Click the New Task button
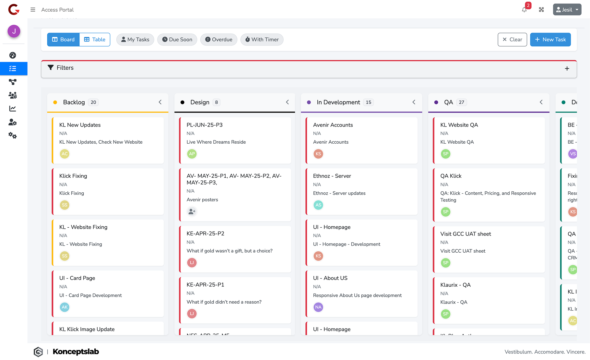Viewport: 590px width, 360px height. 550,40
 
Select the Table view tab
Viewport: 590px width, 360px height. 95,40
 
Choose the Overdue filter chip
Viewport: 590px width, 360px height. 219,40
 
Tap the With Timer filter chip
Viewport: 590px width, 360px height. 262,40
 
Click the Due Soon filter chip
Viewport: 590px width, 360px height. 177,40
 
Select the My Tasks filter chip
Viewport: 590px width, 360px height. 135,40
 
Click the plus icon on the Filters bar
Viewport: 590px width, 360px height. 567,68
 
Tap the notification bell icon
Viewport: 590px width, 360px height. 524,10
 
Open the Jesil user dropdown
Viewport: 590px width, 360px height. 567,10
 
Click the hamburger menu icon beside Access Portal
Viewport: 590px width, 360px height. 33,10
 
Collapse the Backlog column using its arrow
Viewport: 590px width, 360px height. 160,102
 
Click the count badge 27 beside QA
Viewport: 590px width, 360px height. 461,102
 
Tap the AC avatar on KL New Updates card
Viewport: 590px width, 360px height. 65,154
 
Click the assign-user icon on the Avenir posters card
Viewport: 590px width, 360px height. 192,211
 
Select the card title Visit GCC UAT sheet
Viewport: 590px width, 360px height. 466,234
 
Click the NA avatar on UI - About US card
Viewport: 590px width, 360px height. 318,307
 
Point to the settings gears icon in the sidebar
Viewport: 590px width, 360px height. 13,136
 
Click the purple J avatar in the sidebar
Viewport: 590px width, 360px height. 14,31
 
